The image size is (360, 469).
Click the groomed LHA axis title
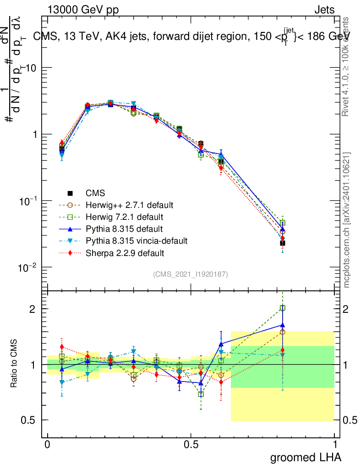pyautogui.click(x=305, y=457)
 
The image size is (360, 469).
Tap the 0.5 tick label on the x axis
pyautogui.click(x=191, y=445)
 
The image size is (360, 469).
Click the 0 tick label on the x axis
pyautogui.click(x=48, y=445)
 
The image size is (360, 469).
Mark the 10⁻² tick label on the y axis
pyautogui.click(x=29, y=267)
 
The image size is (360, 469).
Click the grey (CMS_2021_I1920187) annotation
pyautogui.click(x=190, y=274)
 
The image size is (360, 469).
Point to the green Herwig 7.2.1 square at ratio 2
pyautogui.click(x=283, y=308)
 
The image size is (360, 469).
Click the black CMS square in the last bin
pyautogui.click(x=283, y=243)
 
